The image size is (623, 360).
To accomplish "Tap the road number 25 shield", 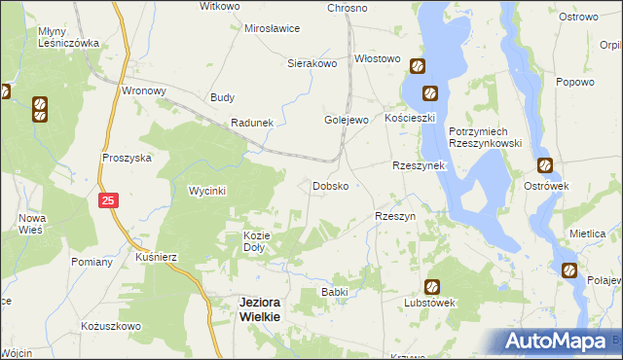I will tap(109, 199).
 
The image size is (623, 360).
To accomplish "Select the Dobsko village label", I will tap(330, 185).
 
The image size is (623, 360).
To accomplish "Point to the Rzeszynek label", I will tap(419, 165).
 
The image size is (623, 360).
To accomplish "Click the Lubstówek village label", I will tap(430, 303).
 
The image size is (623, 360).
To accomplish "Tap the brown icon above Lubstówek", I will tap(431, 287).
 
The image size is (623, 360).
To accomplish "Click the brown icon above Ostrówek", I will tap(544, 165).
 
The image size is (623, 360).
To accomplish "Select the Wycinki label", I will tap(207, 192).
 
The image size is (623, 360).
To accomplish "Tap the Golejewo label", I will tap(346, 120).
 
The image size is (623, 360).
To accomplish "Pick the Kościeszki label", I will tap(409, 117).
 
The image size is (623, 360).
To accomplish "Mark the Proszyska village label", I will tap(127, 158).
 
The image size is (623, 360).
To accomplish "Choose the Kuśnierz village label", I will tap(157, 256).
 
